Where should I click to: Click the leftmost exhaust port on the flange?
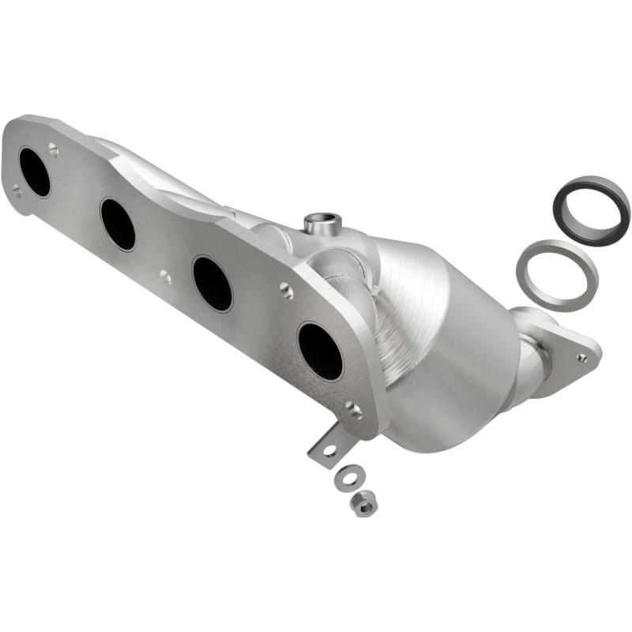pos(35,171)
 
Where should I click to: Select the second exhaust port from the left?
pos(118,224)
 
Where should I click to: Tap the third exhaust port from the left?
pos(213,283)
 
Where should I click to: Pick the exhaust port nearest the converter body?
pos(320,351)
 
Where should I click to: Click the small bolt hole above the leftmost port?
pos(53,148)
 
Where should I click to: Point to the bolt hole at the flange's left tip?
pos(17,190)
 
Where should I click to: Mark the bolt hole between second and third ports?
pos(164,276)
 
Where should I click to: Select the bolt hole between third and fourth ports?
pos(286,292)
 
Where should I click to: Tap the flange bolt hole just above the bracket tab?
pos(353,410)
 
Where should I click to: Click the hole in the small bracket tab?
pos(329,450)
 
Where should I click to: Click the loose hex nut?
pos(363,502)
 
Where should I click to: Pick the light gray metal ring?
pos(556,275)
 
